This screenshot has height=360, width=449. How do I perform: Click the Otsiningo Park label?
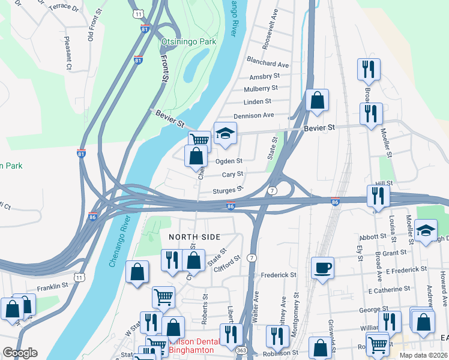pyautogui.click(x=188, y=43)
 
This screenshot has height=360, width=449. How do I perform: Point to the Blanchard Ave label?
pyautogui.click(x=268, y=64)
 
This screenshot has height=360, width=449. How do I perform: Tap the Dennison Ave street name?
pyautogui.click(x=253, y=115)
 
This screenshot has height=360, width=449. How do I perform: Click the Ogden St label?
pyautogui.click(x=229, y=161)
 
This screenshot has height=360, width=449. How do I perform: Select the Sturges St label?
pyautogui.click(x=228, y=190)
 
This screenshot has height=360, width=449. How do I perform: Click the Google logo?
pyautogui.click(x=19, y=353)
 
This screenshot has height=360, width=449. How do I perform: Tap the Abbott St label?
pyautogui.click(x=373, y=237)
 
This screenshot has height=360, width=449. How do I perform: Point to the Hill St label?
pyautogui.click(x=384, y=183)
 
